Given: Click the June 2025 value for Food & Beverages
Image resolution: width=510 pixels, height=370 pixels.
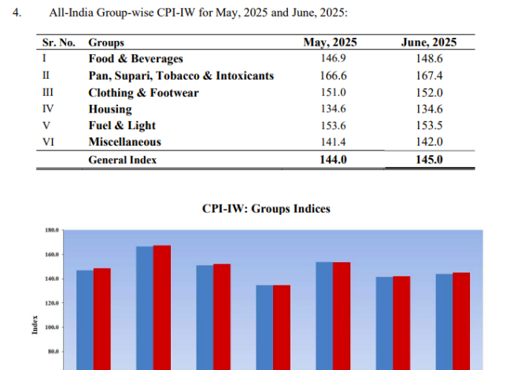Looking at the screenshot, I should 429,59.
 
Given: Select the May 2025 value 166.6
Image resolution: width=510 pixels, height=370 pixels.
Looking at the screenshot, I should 331,76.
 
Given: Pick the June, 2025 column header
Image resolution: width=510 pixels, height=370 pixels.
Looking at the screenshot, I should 429,43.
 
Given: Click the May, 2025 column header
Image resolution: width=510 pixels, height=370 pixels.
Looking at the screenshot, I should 331,43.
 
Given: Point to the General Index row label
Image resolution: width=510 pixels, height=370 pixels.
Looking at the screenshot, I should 122,159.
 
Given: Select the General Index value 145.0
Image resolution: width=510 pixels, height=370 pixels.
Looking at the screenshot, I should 429,159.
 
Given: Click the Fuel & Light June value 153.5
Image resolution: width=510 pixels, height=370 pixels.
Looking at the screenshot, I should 429,125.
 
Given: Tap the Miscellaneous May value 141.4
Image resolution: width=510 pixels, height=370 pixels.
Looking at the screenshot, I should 331,142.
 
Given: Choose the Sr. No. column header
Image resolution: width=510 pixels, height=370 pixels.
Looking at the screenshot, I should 57,43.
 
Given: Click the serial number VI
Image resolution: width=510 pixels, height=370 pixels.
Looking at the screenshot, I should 46,142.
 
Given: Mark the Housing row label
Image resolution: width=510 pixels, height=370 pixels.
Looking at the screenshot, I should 110,109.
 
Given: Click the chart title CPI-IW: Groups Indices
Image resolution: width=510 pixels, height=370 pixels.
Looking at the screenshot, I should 266,209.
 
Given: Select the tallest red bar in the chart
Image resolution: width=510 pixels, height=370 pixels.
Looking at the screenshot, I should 161,307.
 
